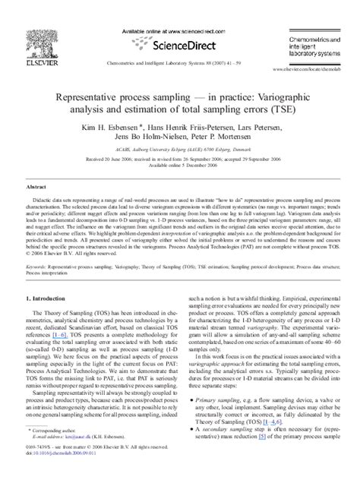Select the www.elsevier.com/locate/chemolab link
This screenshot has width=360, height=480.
[x=312, y=69]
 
